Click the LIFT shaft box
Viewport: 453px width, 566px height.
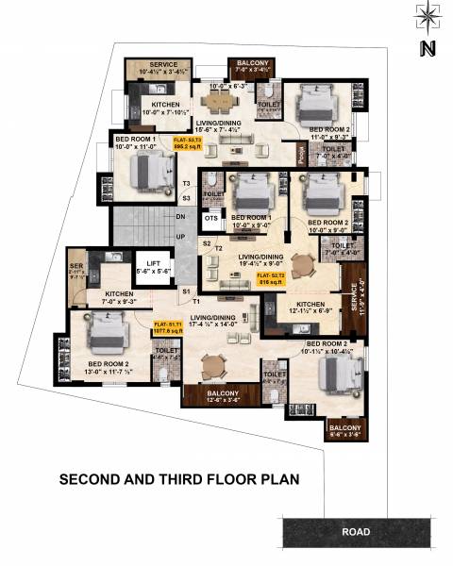pos(153,269)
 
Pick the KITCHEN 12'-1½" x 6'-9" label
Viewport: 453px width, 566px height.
pos(310,307)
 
